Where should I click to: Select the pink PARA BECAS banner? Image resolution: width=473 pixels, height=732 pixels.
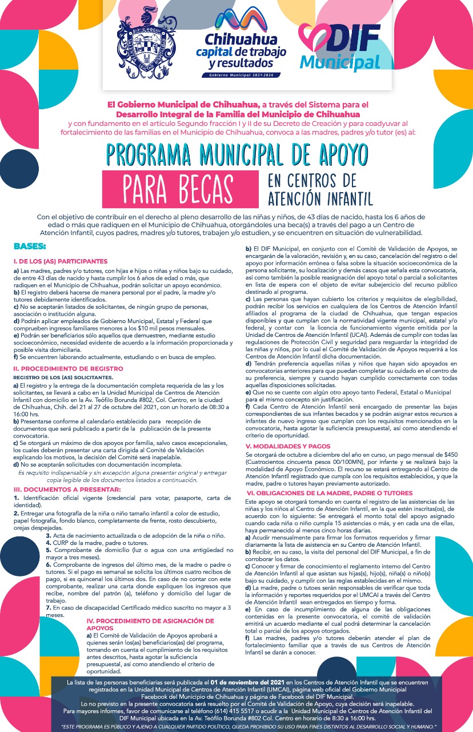pos(179,186)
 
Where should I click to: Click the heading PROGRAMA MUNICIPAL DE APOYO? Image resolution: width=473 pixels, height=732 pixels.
pos(236,153)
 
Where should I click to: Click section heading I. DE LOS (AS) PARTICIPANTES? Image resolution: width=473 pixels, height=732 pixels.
pos(61,261)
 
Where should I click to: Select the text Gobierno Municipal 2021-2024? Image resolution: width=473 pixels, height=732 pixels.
pos(242,75)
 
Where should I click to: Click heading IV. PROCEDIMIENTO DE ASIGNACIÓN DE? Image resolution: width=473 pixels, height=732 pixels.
pos(150,621)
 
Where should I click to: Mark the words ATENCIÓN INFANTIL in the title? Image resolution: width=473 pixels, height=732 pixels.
pos(319,198)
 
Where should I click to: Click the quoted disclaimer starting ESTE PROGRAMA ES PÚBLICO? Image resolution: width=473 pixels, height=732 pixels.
pos(236,726)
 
